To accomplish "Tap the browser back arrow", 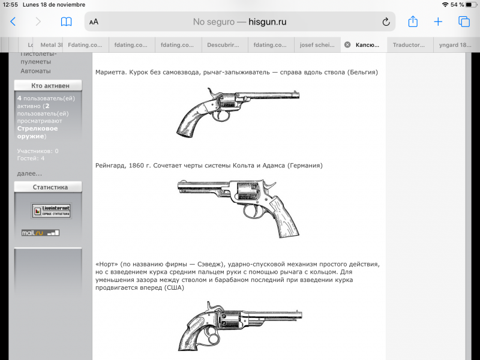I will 13,22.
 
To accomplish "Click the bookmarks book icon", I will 66,22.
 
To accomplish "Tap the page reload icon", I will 386,22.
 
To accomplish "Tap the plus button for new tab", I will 438,22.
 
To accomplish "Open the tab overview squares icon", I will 464,22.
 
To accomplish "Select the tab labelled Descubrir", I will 223,44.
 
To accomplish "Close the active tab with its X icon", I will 347,44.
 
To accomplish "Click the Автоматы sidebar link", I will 35,71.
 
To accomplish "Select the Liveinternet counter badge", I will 51,211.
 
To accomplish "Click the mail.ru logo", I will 34,232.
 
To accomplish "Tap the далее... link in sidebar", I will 29,173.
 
